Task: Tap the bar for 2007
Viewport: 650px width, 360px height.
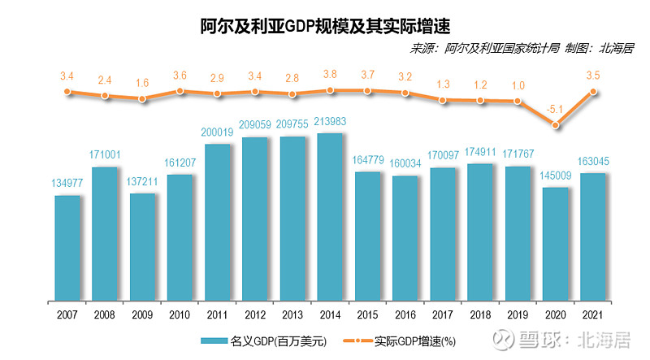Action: pyautogui.click(x=67, y=248)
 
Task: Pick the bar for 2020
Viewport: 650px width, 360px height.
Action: pyautogui.click(x=556, y=244)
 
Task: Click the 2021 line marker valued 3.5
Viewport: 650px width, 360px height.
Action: pyautogui.click(x=593, y=92)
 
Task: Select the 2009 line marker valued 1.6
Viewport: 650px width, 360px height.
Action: pyautogui.click(x=143, y=99)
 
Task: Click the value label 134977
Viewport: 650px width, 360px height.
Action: pyautogui.click(x=67, y=184)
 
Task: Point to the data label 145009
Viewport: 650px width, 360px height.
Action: pyautogui.click(x=556, y=176)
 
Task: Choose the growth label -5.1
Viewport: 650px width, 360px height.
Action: pyautogui.click(x=556, y=108)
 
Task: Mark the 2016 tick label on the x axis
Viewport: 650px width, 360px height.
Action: pyautogui.click(x=405, y=313)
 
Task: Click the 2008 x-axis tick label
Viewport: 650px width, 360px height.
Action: pyautogui.click(x=105, y=313)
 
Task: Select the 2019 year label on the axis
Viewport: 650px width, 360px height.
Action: pyautogui.click(x=518, y=313)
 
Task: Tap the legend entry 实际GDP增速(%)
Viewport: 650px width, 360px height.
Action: pyautogui.click(x=398, y=340)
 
